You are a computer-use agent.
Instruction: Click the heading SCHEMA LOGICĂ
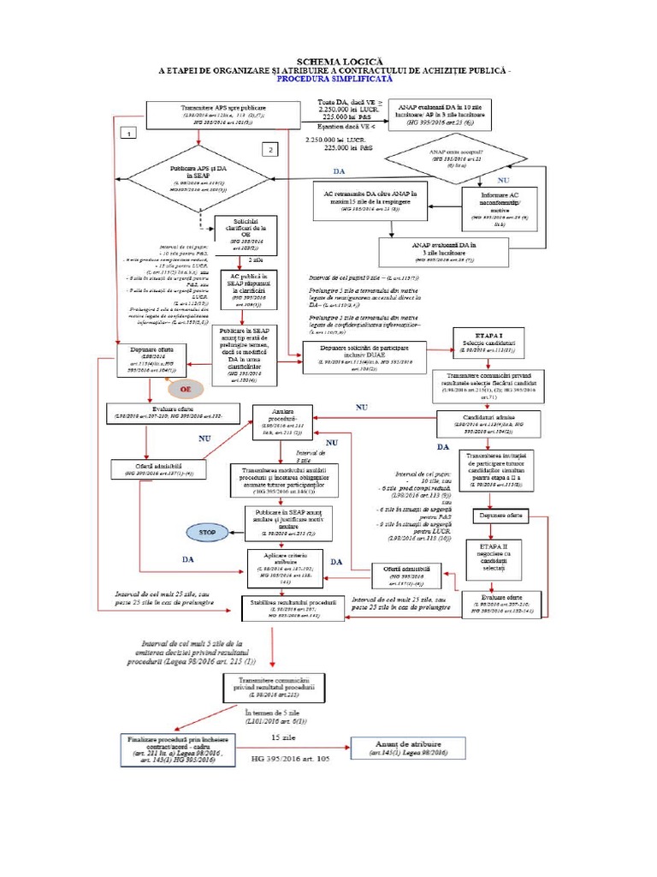[328, 61]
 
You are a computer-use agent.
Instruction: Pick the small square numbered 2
[270, 150]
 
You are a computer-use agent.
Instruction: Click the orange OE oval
[184, 389]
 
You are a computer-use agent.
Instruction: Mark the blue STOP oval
[207, 532]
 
